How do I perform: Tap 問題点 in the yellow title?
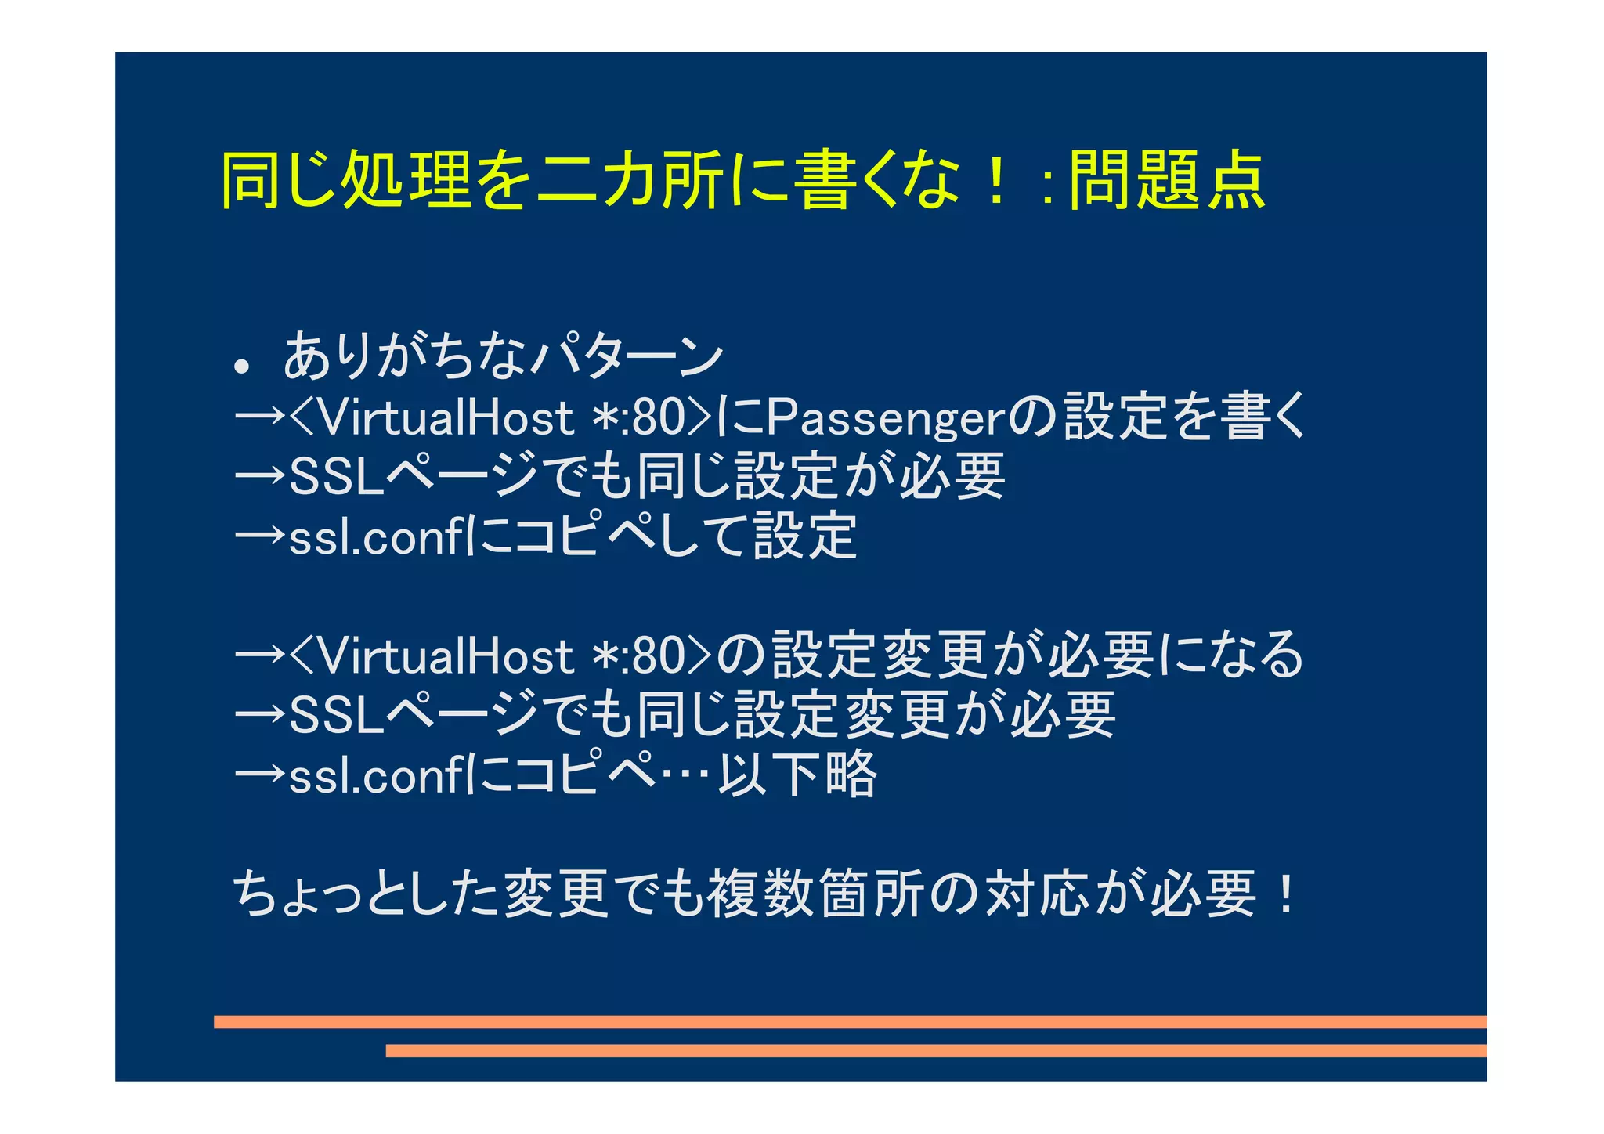coord(1166,181)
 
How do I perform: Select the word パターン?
coord(627,356)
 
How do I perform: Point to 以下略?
coord(797,775)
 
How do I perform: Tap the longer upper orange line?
coord(850,1021)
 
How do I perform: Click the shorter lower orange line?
coord(936,1050)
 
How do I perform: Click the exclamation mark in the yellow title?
coord(995,181)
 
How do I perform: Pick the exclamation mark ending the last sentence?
coord(1285,894)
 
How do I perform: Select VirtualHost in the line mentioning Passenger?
coord(447,418)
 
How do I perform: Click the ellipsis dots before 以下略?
coord(686,775)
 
